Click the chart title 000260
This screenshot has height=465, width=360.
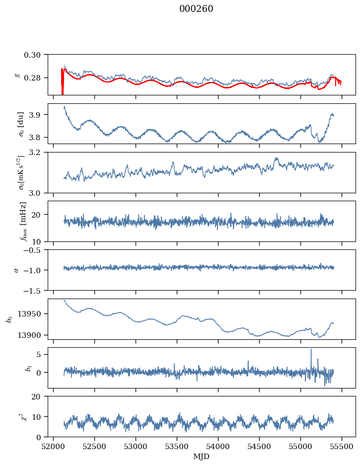tap(196, 9)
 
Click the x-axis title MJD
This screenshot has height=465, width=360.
tap(202, 457)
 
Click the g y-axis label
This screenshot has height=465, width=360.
tap(18, 75)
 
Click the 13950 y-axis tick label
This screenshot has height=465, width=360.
tap(32, 314)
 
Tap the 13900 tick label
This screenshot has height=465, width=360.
tap(32, 335)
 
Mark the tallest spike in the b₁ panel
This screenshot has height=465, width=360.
tap(311, 350)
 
